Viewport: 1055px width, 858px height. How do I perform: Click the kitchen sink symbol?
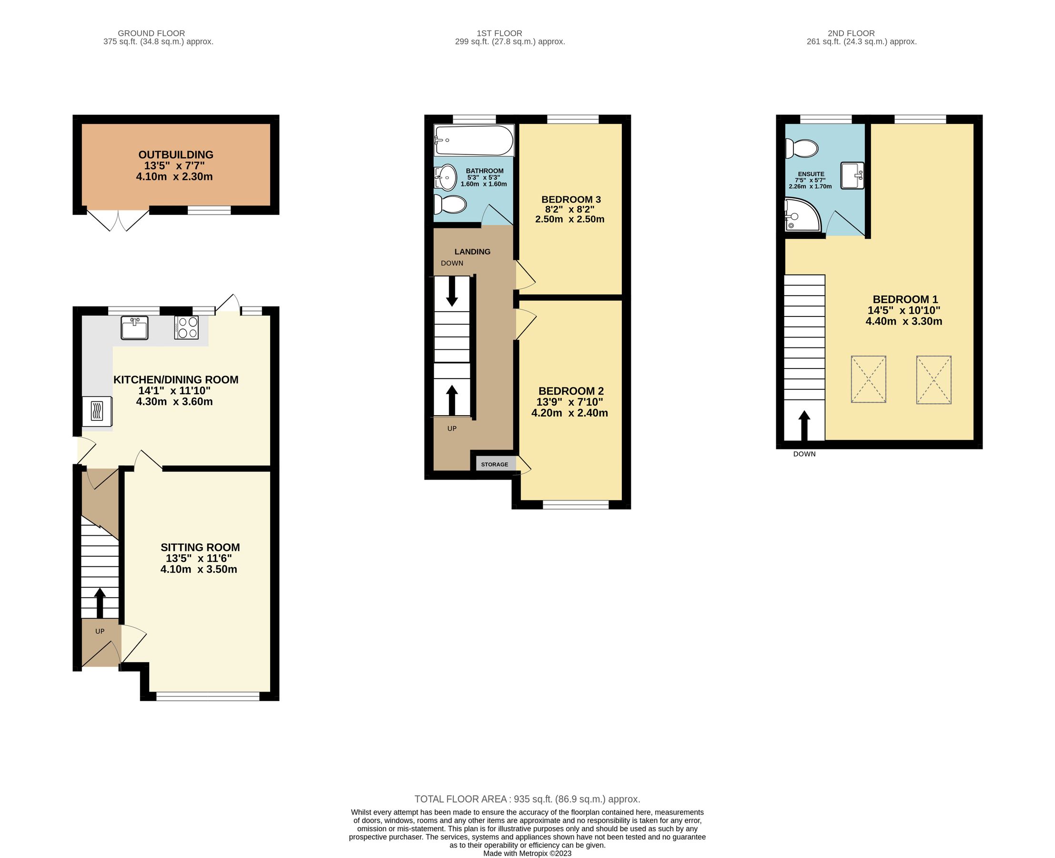tap(134, 328)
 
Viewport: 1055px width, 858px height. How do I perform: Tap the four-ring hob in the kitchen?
tap(186, 327)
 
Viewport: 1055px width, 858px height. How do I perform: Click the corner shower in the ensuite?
tap(801, 215)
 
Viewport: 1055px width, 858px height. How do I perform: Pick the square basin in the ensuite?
tap(852, 175)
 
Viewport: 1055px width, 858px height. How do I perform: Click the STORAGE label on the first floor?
tap(494, 465)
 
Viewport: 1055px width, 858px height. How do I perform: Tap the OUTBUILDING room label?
tap(175, 155)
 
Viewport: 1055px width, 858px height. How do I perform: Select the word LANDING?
tap(472, 252)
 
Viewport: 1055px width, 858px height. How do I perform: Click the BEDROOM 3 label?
tap(571, 200)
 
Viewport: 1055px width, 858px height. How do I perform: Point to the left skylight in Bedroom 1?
tap(868, 379)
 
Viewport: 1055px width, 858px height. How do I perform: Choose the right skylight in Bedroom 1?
tap(933, 380)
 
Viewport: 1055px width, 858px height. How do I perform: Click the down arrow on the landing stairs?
tap(452, 295)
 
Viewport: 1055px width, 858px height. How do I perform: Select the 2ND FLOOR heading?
tap(851, 33)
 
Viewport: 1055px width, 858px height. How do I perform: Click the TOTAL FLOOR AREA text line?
tap(527, 799)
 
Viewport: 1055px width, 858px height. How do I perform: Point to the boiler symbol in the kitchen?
tap(97, 411)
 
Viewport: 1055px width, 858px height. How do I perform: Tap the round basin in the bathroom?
tap(446, 177)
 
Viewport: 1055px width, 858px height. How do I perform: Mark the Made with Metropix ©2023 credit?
tap(527, 854)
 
